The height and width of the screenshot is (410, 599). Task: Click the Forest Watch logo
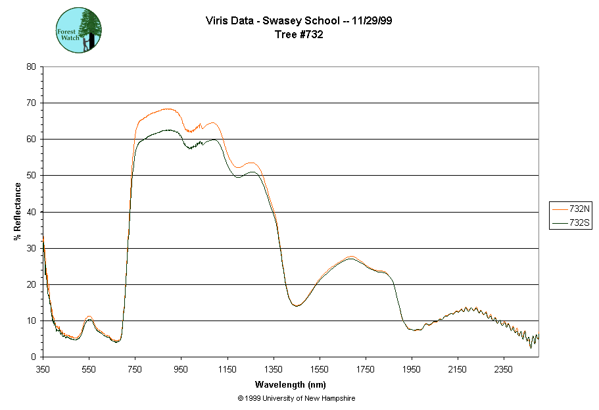(79, 30)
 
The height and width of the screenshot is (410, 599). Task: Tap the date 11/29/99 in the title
(372, 21)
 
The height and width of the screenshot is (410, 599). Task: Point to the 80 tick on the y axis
(31, 66)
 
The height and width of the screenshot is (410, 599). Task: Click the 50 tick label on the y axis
(31, 176)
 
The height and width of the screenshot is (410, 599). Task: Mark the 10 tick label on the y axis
(31, 321)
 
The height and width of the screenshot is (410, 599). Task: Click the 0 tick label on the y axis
(34, 357)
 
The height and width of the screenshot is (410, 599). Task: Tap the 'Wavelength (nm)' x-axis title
(291, 384)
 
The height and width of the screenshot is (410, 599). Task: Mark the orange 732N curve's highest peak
(166, 109)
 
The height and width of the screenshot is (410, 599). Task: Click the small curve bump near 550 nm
(89, 317)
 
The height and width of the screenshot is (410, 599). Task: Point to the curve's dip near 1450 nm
(297, 306)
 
